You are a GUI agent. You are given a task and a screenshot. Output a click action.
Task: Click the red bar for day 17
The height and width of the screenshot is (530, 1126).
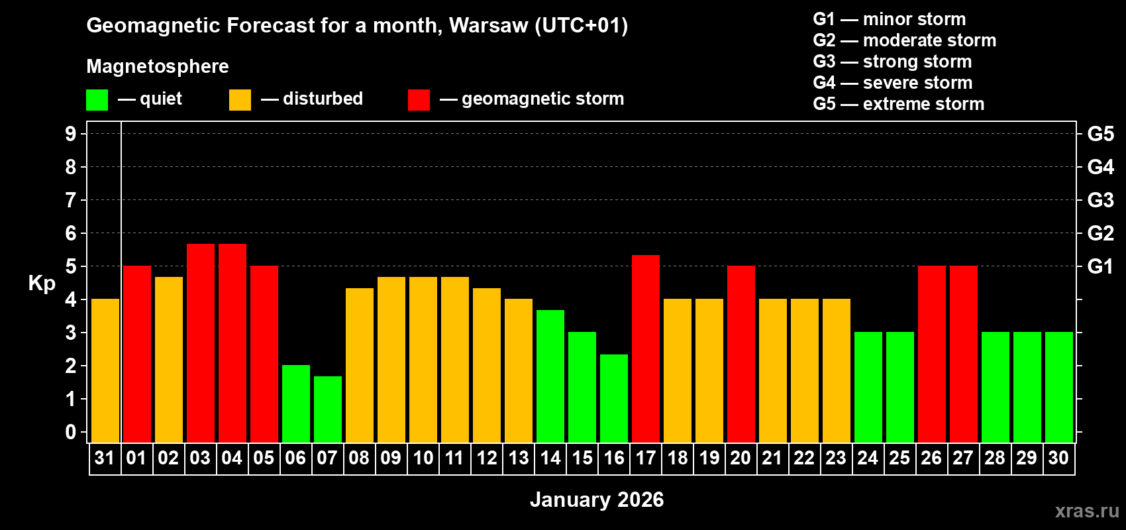pyautogui.click(x=646, y=348)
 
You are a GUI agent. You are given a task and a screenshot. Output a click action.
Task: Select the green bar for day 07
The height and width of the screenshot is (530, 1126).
pyautogui.click(x=328, y=409)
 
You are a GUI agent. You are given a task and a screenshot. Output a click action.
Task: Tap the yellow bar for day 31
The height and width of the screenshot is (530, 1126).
pyautogui.click(x=105, y=370)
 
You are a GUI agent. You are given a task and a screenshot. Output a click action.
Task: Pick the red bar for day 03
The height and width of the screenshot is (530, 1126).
pyautogui.click(x=201, y=343)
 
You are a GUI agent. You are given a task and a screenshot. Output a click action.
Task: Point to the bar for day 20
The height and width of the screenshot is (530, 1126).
pyautogui.click(x=741, y=354)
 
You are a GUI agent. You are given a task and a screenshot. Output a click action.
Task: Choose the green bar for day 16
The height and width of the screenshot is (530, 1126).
pyautogui.click(x=614, y=398)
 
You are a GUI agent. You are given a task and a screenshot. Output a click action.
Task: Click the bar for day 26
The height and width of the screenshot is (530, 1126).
pyautogui.click(x=932, y=354)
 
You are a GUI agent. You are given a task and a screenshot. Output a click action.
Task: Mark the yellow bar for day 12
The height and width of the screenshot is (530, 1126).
pyautogui.click(x=487, y=365)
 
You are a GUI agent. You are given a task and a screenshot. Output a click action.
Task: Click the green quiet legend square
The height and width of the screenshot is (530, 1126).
pyautogui.click(x=97, y=100)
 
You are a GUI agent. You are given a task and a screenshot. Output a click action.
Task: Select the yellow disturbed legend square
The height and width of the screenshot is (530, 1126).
pyautogui.click(x=240, y=100)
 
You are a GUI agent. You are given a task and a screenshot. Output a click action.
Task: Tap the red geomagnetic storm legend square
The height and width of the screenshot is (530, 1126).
pyautogui.click(x=419, y=100)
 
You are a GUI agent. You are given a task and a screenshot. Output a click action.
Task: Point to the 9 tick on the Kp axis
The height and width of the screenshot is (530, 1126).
pyautogui.click(x=71, y=134)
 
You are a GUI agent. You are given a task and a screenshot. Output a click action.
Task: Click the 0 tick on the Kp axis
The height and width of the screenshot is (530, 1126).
pyautogui.click(x=71, y=432)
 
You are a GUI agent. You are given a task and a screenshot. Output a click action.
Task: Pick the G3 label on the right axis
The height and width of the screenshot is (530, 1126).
pyautogui.click(x=1100, y=200)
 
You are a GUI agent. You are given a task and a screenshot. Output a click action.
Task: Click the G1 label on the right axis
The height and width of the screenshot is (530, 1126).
pyautogui.click(x=1100, y=266)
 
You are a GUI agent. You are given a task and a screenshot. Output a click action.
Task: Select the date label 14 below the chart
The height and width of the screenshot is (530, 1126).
pyautogui.click(x=550, y=458)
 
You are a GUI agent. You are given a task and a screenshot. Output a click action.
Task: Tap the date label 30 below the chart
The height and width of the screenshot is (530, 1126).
pyautogui.click(x=1058, y=458)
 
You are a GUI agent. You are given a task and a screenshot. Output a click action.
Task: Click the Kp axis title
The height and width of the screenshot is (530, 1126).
pyautogui.click(x=42, y=284)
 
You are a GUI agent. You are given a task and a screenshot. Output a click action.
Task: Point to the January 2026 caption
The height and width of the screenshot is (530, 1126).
pyautogui.click(x=597, y=500)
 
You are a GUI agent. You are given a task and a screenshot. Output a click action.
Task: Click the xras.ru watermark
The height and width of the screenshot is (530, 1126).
pyautogui.click(x=1087, y=511)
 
